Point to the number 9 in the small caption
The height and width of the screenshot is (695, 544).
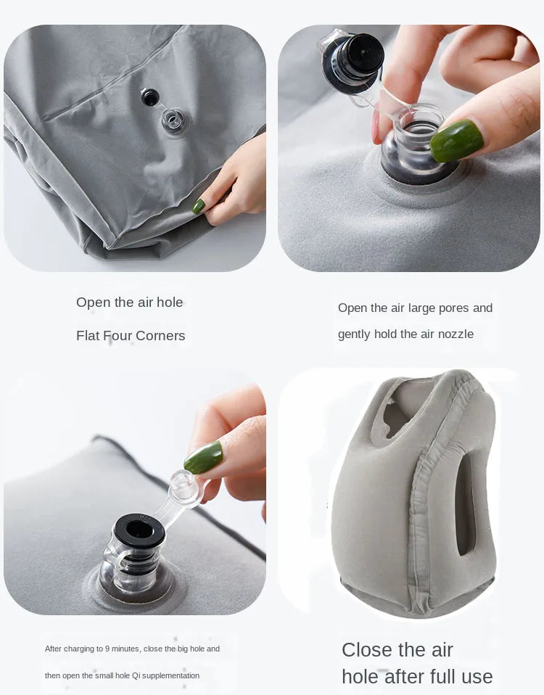tap(107, 649)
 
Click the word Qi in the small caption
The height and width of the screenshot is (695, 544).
tap(136, 675)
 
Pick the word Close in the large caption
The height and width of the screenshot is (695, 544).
tap(367, 649)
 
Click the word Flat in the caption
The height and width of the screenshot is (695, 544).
tap(88, 336)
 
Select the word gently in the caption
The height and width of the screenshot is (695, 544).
tap(354, 334)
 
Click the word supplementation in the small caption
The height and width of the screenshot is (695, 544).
tap(170, 675)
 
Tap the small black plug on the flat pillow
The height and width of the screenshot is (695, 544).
tap(150, 97)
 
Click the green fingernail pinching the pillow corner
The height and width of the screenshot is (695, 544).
tap(198, 206)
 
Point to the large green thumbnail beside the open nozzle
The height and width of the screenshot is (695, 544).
tap(456, 140)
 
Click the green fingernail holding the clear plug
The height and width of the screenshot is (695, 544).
tap(203, 458)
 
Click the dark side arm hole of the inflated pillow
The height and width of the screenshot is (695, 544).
tap(465, 503)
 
